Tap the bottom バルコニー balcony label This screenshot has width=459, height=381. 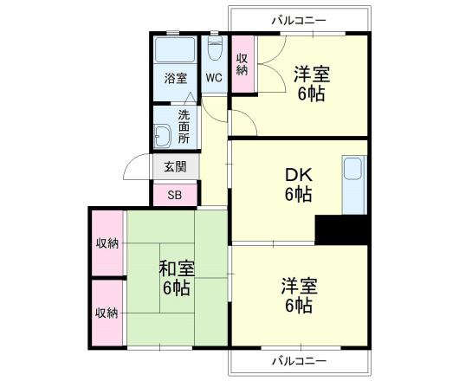(x=298, y=360)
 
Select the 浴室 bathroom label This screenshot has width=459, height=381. (x=176, y=79)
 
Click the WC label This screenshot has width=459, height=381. (x=214, y=77)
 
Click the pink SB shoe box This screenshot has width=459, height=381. (x=175, y=195)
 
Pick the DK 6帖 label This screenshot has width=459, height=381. (x=298, y=184)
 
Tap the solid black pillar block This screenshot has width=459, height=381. (x=341, y=229)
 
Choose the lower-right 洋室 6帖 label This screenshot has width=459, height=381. (x=298, y=294)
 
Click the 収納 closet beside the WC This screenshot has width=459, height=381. (x=242, y=65)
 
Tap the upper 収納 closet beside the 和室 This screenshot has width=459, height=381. (x=107, y=243)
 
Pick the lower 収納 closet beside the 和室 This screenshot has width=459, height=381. (x=107, y=312)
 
